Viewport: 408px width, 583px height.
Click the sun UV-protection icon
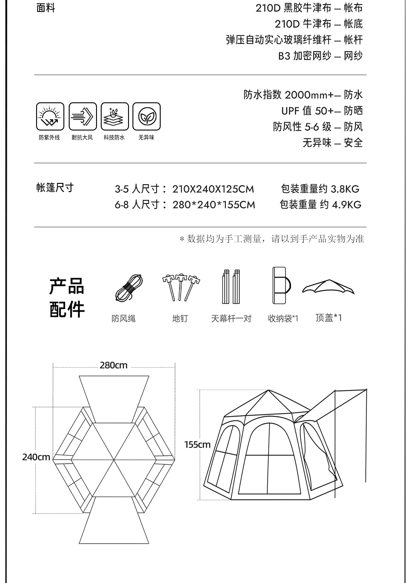(50, 116)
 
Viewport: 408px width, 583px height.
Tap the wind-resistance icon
(83, 116)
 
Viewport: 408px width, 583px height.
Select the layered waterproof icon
(115, 116)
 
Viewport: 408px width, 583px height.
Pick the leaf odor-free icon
(146, 116)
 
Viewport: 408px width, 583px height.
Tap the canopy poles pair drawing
(231, 286)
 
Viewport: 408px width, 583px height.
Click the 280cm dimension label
(114, 365)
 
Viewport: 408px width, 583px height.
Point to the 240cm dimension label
(36, 457)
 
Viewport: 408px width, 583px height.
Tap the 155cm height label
(197, 445)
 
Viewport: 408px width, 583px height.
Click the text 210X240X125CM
(213, 189)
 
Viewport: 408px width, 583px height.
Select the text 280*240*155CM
(214, 205)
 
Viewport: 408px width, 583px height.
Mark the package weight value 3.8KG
(345, 189)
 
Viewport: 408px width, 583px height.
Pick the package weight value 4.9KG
(346, 205)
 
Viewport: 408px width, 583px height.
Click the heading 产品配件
(67, 297)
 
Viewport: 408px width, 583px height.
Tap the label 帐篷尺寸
(55, 187)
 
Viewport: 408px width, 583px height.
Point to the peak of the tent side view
(268, 390)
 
